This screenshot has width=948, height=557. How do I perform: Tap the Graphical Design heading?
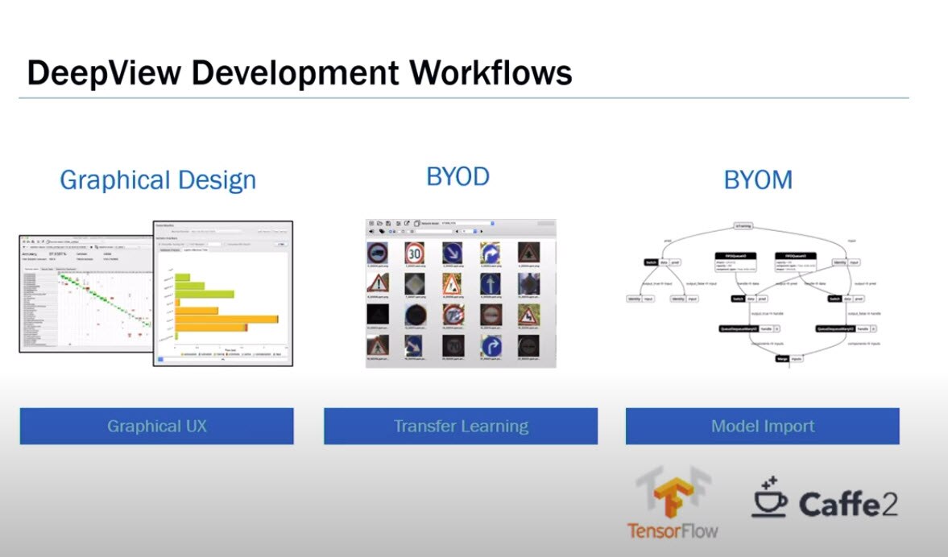click(x=158, y=179)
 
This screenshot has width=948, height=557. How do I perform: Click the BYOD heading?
click(x=457, y=176)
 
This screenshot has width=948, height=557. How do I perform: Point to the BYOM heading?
click(x=758, y=179)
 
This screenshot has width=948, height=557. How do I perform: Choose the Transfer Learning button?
click(x=461, y=426)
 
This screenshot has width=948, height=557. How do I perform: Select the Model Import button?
click(x=762, y=426)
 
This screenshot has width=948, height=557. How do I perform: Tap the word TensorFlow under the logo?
click(x=673, y=530)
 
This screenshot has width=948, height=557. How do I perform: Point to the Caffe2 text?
click(x=848, y=504)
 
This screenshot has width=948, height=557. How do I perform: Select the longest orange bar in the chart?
click(x=226, y=320)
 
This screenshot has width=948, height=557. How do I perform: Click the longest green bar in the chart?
click(x=205, y=294)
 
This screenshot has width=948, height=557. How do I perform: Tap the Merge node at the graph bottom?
click(x=781, y=358)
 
